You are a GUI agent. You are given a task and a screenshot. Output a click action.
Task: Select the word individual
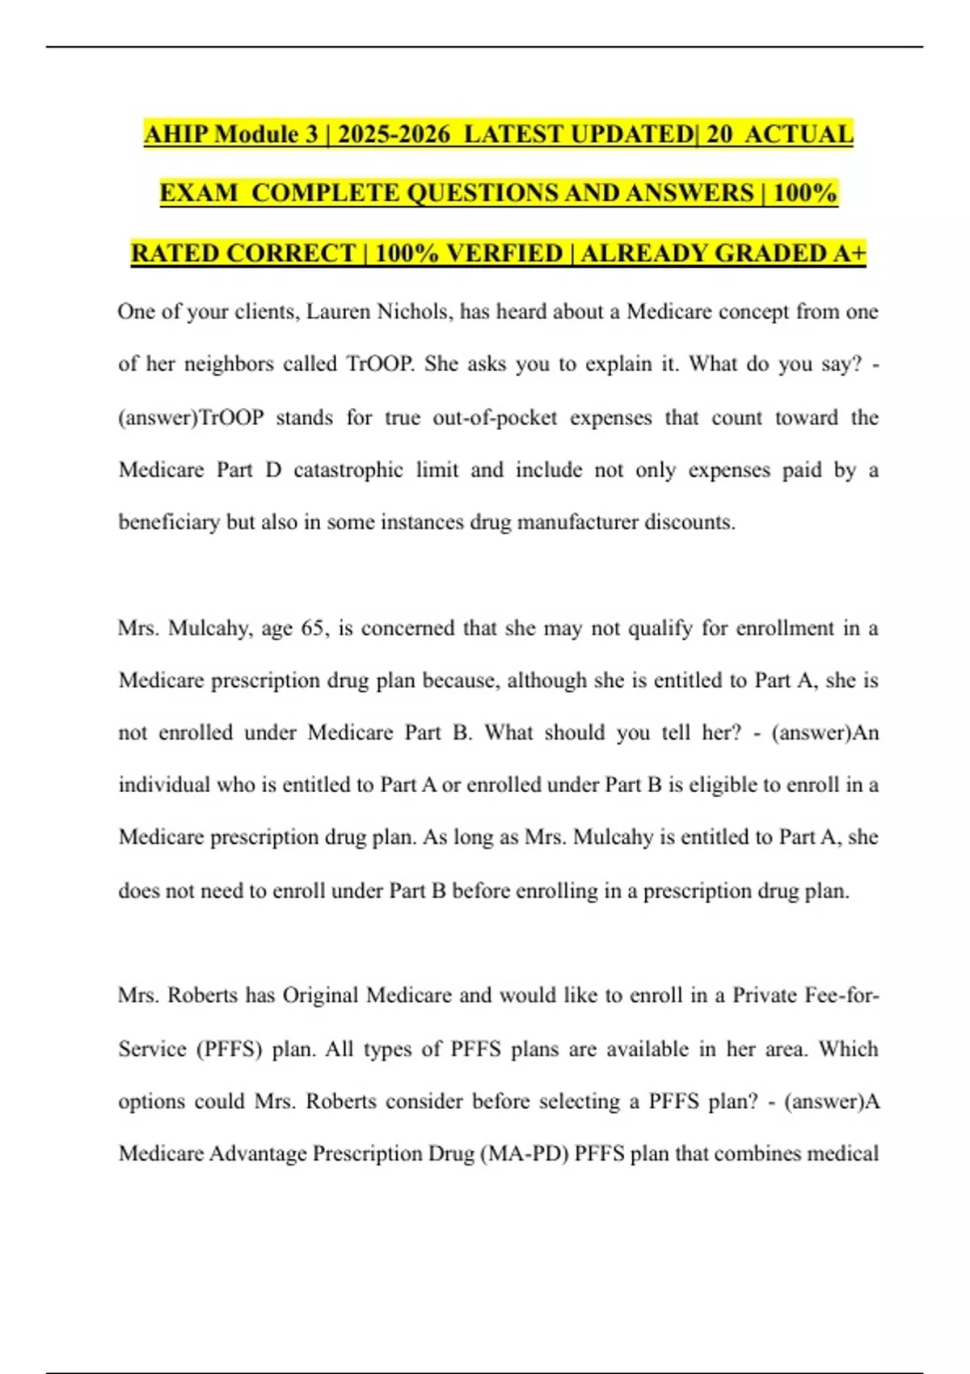click(164, 785)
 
